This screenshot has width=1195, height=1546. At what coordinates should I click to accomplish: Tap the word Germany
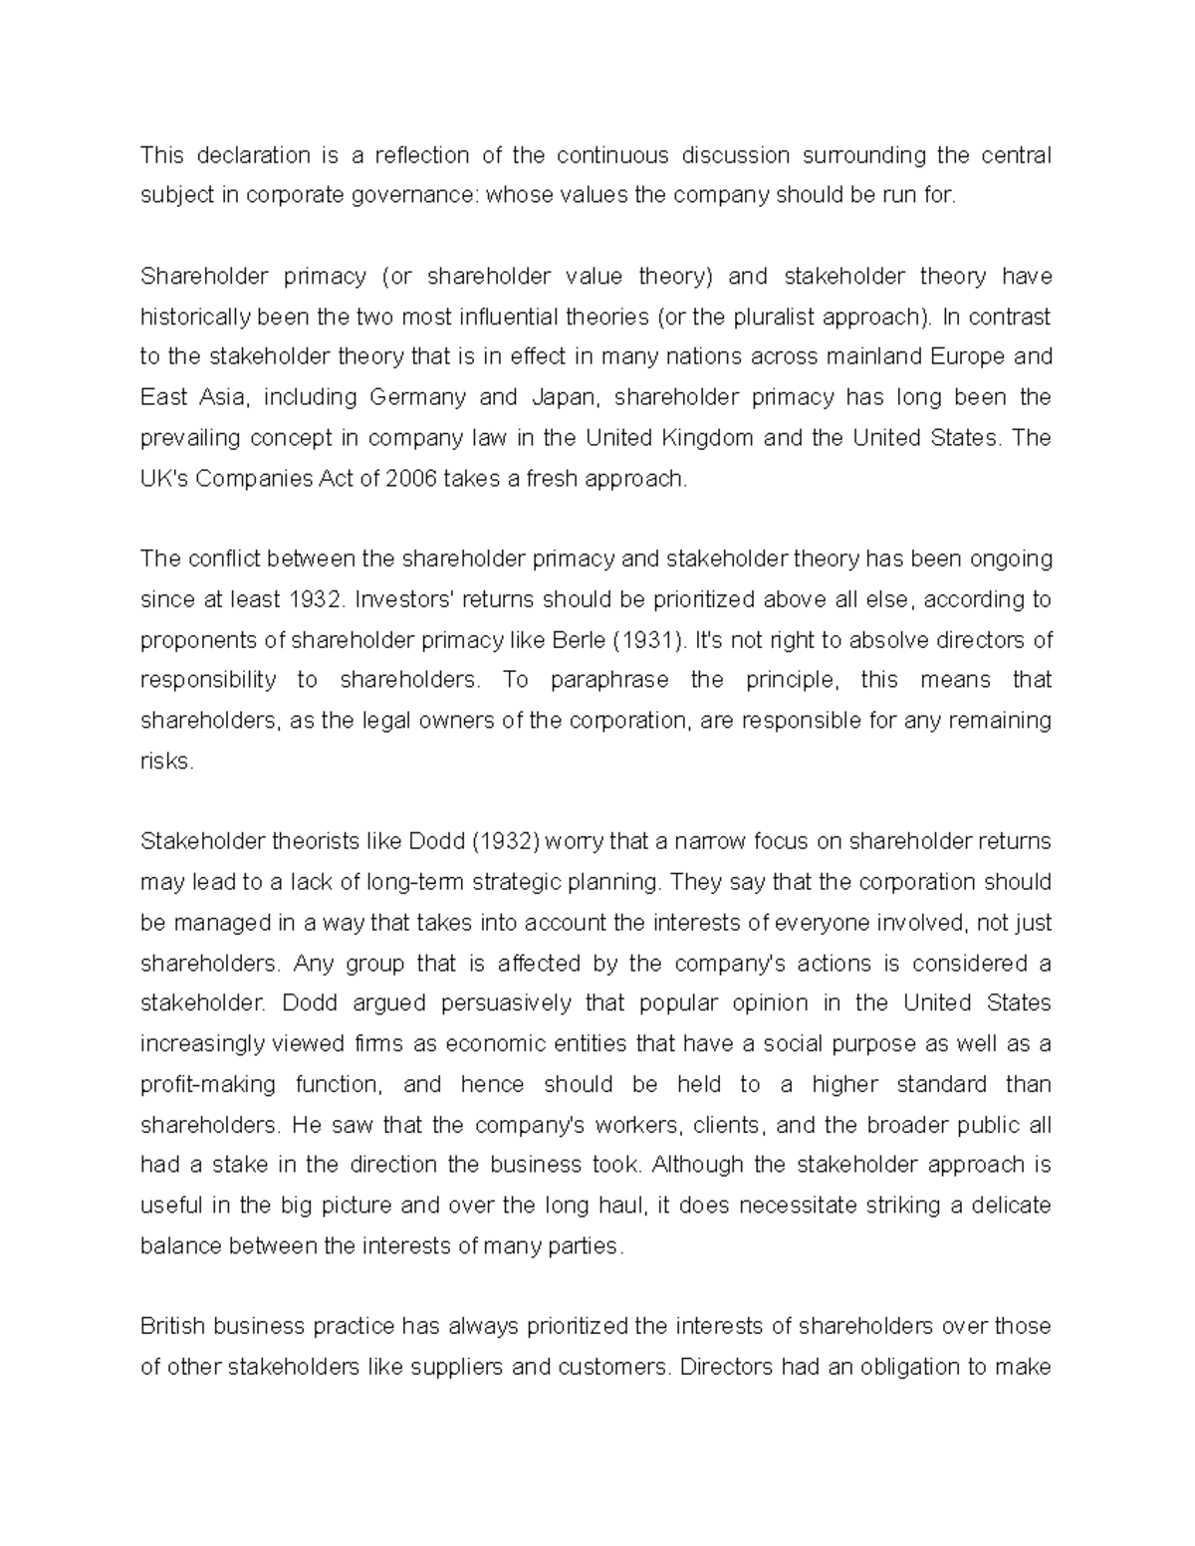pos(417,397)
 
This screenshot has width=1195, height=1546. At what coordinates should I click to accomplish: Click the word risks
pos(165,762)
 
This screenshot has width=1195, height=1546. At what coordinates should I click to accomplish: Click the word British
pos(172,1326)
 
